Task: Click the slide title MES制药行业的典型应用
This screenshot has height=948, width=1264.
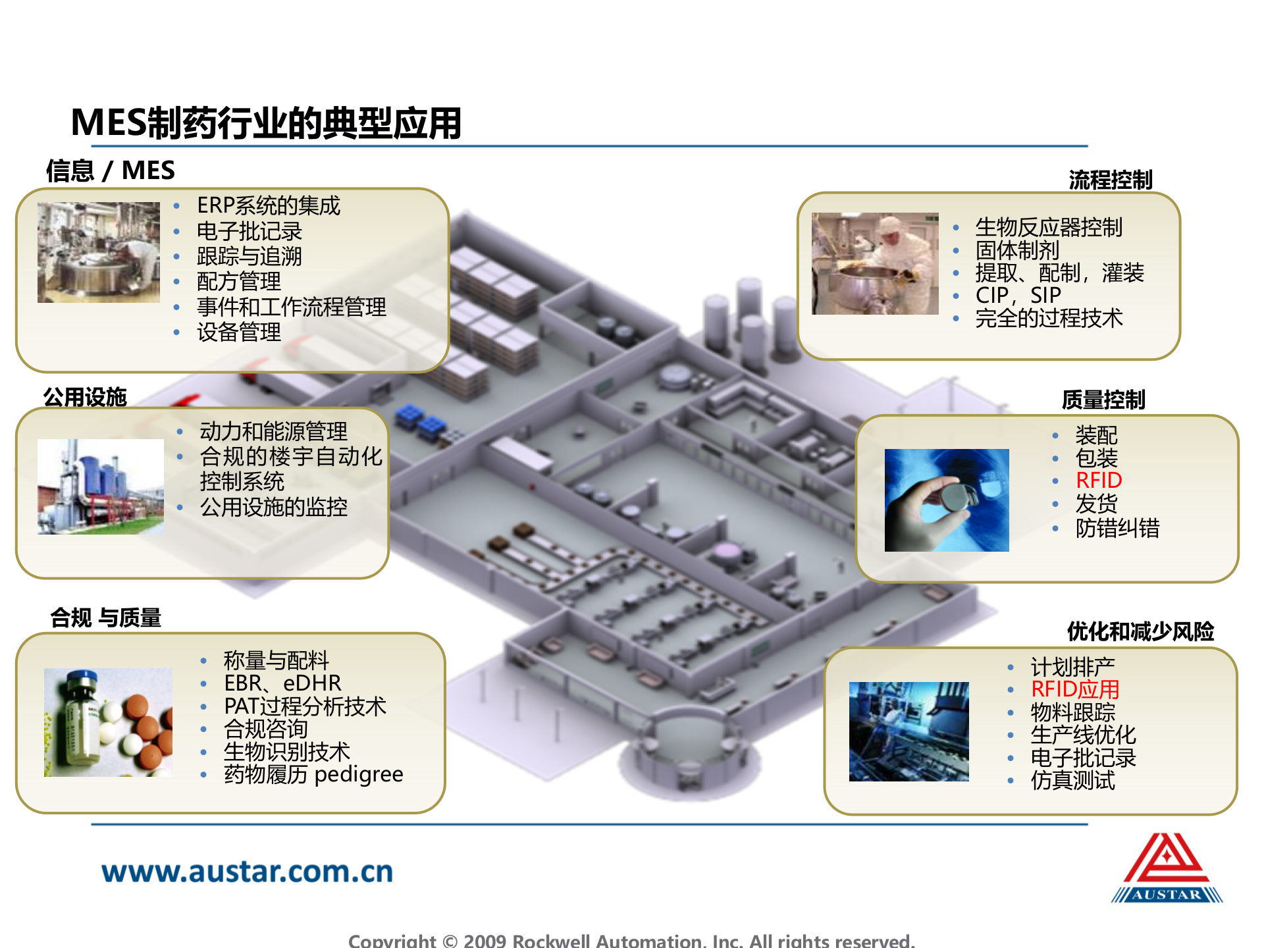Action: click(x=266, y=123)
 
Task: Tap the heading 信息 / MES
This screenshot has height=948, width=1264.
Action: click(x=110, y=171)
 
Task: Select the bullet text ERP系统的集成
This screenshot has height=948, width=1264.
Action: click(x=269, y=206)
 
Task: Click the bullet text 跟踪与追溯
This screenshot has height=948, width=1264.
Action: click(x=250, y=257)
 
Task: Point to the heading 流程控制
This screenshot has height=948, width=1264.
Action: click(x=1110, y=180)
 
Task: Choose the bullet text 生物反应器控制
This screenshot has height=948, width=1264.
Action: click(x=1049, y=228)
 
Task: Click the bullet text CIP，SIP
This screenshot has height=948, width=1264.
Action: click(x=1018, y=296)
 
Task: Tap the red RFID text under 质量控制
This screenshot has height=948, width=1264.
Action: click(x=1099, y=481)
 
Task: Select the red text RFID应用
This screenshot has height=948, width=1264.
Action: click(x=1075, y=689)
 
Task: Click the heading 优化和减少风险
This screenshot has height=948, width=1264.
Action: click(x=1140, y=631)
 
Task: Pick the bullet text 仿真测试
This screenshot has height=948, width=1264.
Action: click(x=1073, y=781)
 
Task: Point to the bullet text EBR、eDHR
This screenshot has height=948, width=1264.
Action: click(x=282, y=683)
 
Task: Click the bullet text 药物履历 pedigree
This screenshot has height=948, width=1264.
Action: click(x=313, y=775)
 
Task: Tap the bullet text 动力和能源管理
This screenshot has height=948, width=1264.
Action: click(x=274, y=432)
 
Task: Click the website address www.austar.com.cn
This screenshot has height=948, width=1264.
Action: click(x=248, y=872)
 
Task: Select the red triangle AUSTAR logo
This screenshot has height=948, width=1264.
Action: click(x=1167, y=868)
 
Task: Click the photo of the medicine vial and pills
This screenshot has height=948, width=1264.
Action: click(x=108, y=722)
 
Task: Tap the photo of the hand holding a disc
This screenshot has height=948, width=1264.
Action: click(x=947, y=500)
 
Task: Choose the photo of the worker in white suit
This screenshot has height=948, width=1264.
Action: click(x=875, y=263)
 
